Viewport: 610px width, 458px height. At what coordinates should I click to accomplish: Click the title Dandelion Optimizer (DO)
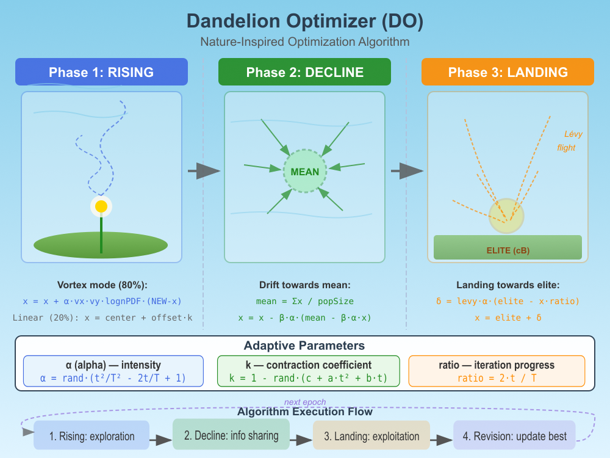pos(305,21)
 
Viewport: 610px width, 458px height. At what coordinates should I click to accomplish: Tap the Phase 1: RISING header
pos(101,72)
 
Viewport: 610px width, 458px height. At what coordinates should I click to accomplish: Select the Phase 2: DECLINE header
pos(304,72)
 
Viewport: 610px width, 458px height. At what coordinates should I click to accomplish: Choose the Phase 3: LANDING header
pos(508,72)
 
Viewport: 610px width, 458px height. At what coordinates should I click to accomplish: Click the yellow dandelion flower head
pos(101,206)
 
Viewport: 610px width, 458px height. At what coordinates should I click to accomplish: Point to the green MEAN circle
pos(305,172)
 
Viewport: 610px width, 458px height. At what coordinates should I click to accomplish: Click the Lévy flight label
pos(568,140)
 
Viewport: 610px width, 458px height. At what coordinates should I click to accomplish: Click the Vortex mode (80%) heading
pos(101,285)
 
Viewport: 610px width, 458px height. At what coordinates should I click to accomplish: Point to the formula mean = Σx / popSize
pos(304,301)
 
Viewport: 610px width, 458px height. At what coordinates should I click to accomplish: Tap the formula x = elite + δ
pos(508,318)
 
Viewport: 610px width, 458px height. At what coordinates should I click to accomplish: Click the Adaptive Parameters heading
pos(304,346)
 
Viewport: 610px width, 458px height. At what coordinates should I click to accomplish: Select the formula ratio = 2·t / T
pos(497,379)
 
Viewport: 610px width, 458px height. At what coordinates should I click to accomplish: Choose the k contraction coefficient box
pos(308,371)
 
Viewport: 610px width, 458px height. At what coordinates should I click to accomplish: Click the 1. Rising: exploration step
pos(91,436)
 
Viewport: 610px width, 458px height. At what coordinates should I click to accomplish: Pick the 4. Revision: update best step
pos(514,436)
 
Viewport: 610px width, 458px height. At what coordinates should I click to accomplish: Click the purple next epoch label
pos(305,402)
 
